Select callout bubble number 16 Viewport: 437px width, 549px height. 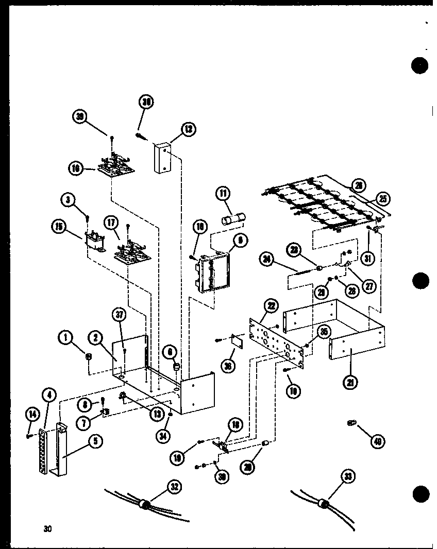[75, 167]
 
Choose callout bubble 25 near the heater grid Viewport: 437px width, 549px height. [383, 198]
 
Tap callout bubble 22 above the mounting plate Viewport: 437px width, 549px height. [270, 306]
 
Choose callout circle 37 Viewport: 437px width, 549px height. [120, 314]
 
